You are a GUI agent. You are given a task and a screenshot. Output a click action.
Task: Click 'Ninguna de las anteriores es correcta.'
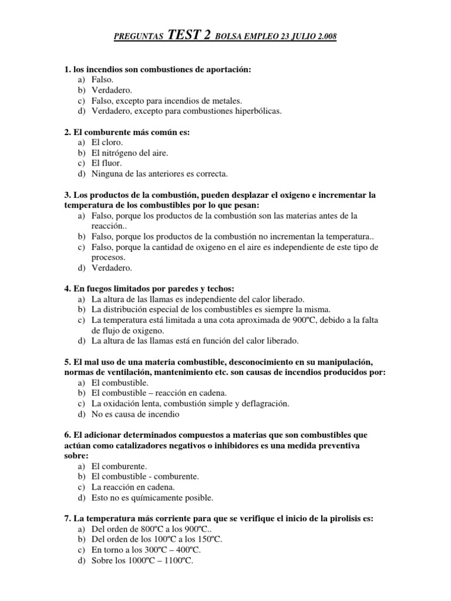point(159,174)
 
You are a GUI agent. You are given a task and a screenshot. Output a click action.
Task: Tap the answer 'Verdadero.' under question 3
point(112,268)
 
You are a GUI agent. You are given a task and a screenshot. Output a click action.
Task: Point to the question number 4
point(66,288)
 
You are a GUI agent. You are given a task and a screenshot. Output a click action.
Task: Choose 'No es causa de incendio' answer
point(135,414)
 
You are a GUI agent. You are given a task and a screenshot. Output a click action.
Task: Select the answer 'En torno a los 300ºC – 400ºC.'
point(146,550)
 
